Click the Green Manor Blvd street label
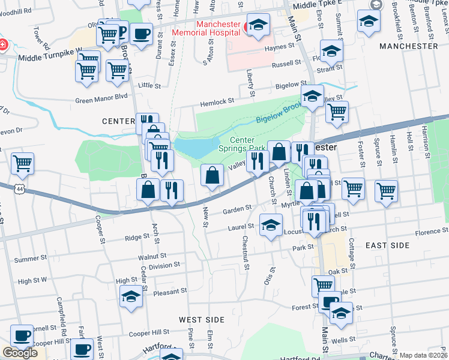coord(101,95)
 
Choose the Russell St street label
coord(286,64)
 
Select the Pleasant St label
coord(170,292)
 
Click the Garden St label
coord(237,209)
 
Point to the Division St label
coord(164,265)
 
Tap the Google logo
coord(20,353)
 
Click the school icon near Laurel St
coord(271,226)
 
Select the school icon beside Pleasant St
coord(130,296)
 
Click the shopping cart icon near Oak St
coord(323,286)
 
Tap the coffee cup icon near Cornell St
coord(22,336)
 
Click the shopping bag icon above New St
coord(212,175)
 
